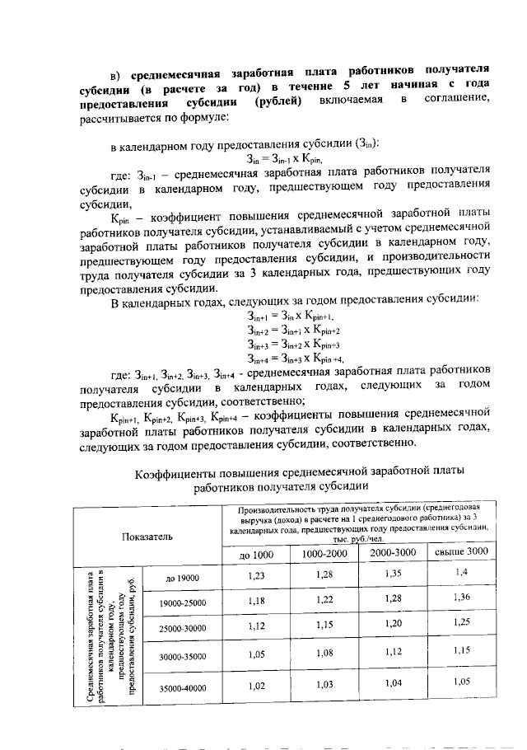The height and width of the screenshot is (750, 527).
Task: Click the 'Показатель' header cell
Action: pyautogui.click(x=147, y=537)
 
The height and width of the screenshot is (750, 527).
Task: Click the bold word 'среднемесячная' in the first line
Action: pyautogui.click(x=180, y=72)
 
